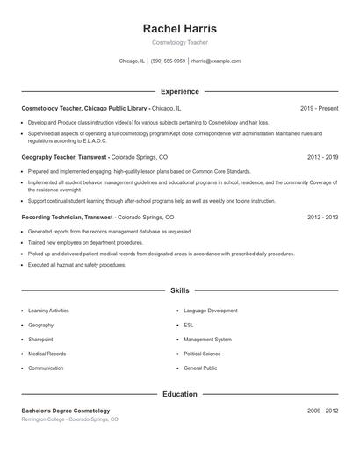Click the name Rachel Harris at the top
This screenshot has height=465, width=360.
(179, 29)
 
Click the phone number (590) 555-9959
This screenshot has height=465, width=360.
(168, 61)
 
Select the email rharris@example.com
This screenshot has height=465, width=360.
(215, 61)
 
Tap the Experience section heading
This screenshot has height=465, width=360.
(179, 91)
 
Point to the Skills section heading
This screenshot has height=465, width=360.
(179, 290)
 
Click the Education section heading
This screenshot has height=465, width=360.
(179, 394)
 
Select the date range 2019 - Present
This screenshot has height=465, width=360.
(319, 108)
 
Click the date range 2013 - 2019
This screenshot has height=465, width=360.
(322, 157)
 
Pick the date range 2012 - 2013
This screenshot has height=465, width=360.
(322, 217)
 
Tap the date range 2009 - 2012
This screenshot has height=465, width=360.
(322, 411)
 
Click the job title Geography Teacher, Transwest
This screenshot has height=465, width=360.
(65, 157)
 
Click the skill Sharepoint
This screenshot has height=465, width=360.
(40, 339)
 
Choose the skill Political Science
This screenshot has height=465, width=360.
(203, 354)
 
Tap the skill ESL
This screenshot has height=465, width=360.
(189, 325)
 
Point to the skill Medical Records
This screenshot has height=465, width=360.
(47, 354)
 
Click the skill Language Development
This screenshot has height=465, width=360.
(211, 311)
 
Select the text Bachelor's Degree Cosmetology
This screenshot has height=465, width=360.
(66, 411)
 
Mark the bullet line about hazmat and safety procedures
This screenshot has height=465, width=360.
(77, 264)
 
